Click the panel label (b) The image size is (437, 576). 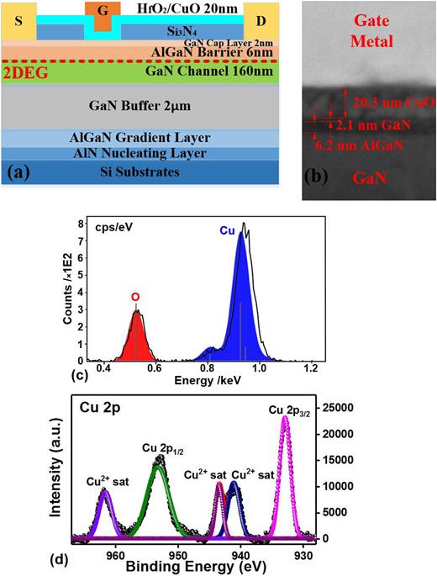(319, 180)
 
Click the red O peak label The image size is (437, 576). (134, 297)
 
